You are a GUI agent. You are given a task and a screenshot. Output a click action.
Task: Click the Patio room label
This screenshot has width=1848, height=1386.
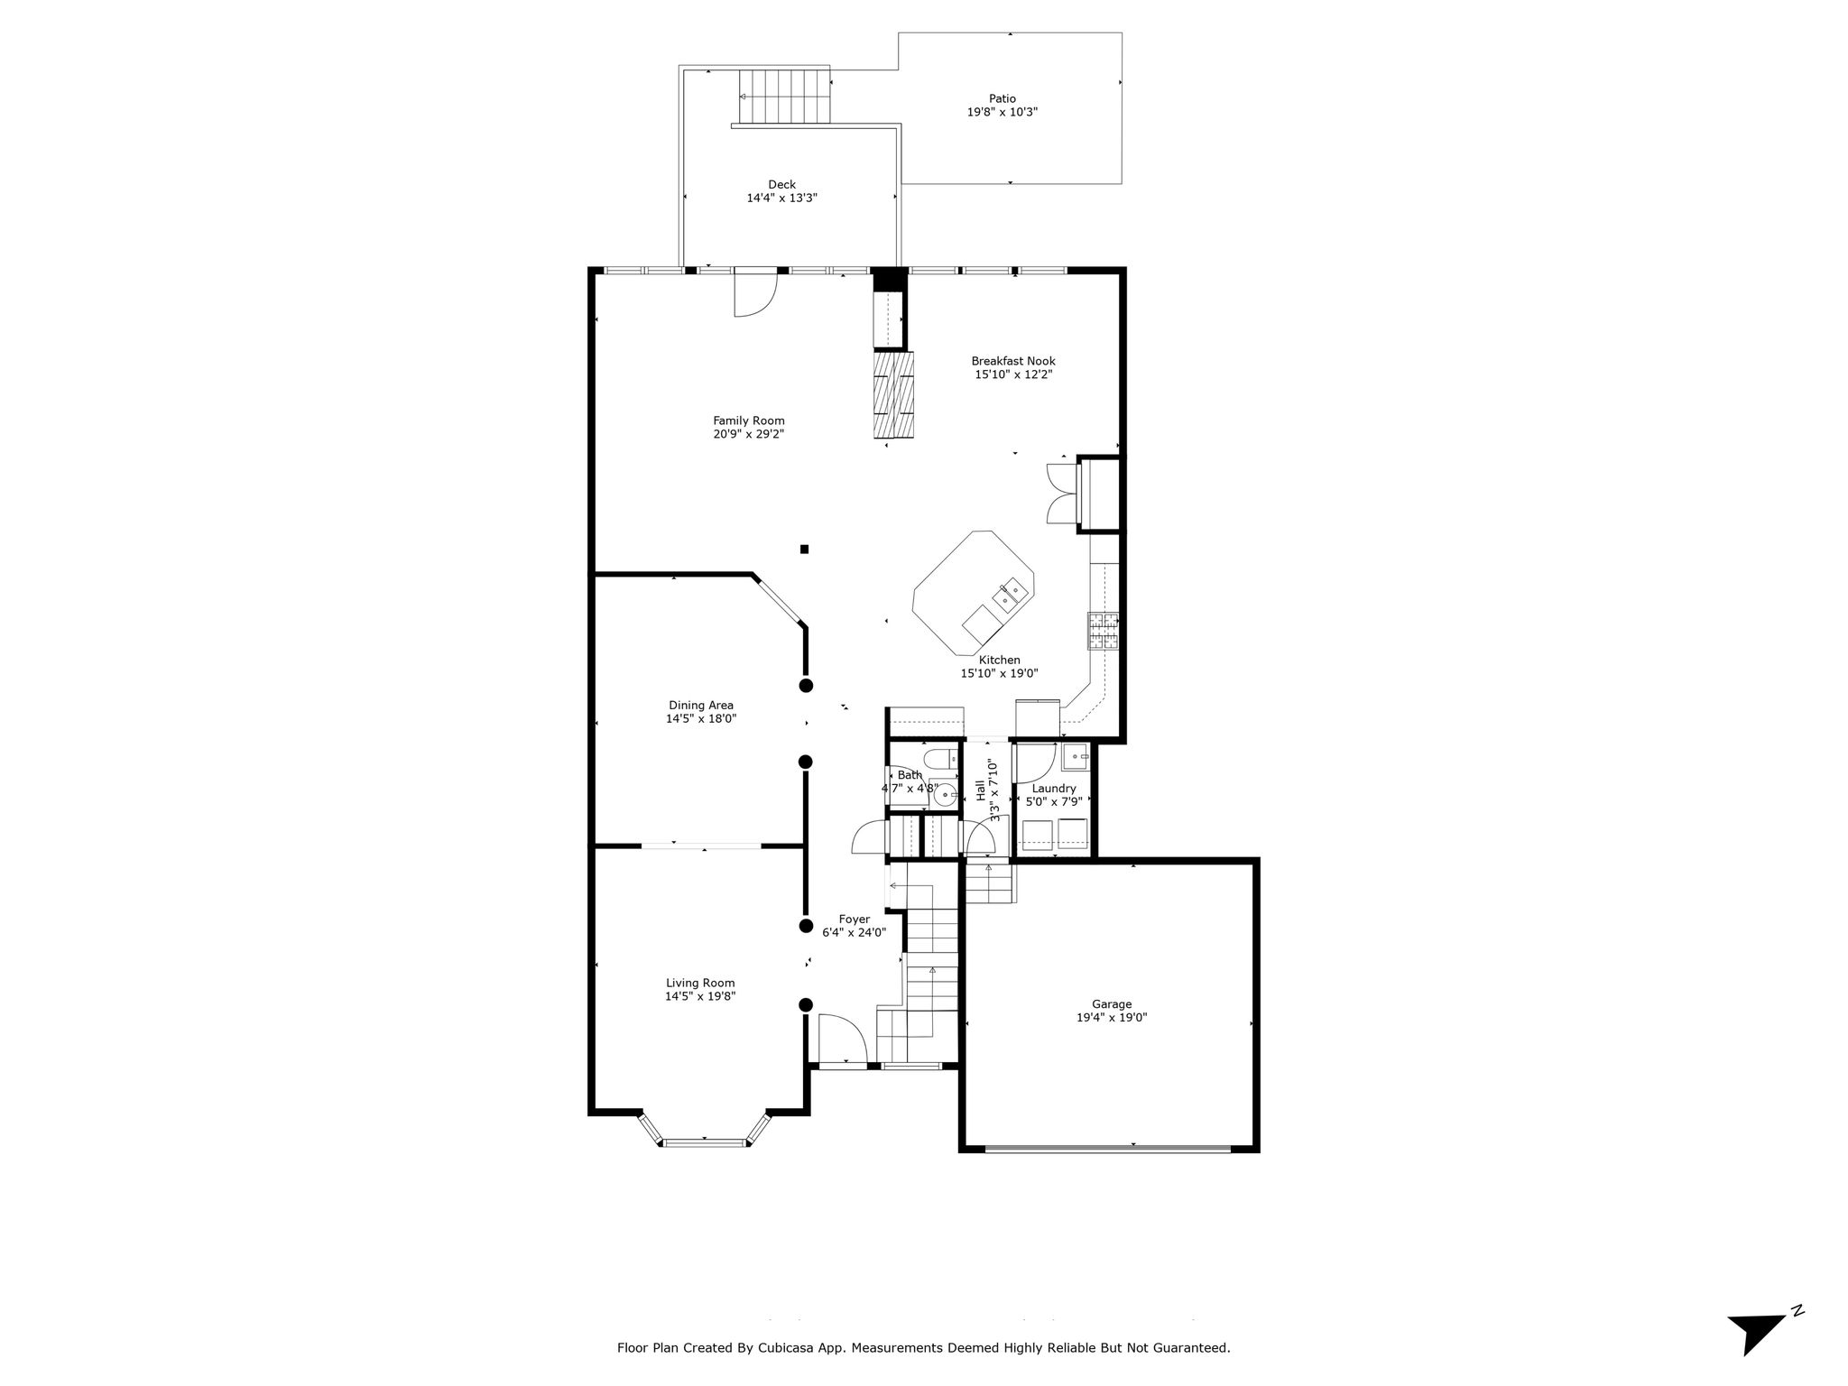(1002, 98)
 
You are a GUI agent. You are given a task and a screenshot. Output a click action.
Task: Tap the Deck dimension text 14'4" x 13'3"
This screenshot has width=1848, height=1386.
(781, 199)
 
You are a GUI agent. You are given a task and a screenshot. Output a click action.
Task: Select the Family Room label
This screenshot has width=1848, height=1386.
(749, 420)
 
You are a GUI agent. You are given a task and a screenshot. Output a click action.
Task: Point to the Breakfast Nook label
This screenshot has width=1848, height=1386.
(1013, 361)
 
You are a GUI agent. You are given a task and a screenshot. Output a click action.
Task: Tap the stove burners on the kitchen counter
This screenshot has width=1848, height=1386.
(1103, 631)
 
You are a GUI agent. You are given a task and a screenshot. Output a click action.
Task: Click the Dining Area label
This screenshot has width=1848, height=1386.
(701, 706)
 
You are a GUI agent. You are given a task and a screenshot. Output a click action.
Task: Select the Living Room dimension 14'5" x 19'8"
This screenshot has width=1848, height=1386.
(700, 996)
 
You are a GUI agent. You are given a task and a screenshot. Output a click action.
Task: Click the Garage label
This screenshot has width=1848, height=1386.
(1112, 1003)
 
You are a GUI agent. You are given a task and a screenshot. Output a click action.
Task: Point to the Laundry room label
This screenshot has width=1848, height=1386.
(1054, 789)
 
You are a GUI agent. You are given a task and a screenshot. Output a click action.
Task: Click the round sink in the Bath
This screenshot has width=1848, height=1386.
(945, 795)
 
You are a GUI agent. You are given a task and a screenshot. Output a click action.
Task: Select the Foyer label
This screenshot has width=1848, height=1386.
(855, 919)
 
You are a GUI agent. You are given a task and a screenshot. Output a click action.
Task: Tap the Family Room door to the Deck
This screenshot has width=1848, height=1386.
(756, 293)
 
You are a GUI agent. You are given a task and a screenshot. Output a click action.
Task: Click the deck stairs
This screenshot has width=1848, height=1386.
(783, 97)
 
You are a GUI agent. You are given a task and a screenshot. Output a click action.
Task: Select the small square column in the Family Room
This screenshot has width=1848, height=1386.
(804, 549)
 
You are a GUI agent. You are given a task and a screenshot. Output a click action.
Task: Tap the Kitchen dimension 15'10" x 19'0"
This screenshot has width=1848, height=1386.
(999, 673)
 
